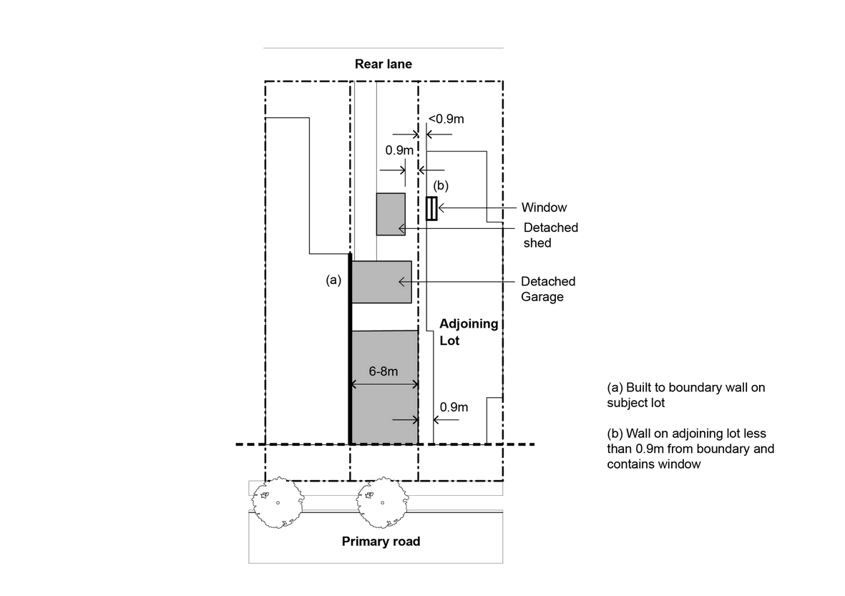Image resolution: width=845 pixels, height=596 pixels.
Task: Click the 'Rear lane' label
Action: click(x=384, y=64)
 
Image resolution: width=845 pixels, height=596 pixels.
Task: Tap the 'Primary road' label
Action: click(x=381, y=541)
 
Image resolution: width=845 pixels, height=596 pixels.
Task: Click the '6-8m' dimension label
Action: click(x=384, y=371)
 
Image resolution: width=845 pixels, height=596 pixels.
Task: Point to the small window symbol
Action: click(x=431, y=208)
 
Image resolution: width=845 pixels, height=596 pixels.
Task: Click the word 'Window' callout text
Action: click(x=544, y=207)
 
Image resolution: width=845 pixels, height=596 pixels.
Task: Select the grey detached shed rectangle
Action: click(x=391, y=214)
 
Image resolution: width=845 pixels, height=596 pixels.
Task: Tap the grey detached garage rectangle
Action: click(x=381, y=282)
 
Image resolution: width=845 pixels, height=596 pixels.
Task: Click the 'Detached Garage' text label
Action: click(x=548, y=289)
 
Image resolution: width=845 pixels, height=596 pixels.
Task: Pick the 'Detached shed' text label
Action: click(x=550, y=235)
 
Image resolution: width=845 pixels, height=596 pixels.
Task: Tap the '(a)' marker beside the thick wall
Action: click(x=333, y=280)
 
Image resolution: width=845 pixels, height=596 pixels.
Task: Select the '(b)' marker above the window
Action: click(x=441, y=186)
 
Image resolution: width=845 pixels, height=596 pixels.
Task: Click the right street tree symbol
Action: click(x=381, y=502)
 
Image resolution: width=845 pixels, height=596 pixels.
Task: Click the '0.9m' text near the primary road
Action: click(x=454, y=407)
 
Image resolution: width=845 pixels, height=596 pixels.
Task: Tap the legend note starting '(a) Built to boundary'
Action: click(x=685, y=395)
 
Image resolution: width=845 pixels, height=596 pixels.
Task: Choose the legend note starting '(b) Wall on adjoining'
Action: click(x=690, y=449)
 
